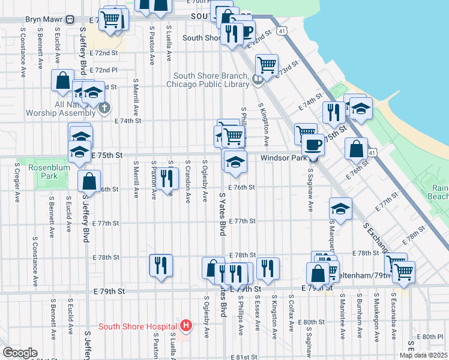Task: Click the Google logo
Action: (20, 353)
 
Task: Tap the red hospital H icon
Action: (186, 326)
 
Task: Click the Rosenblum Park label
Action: (40, 172)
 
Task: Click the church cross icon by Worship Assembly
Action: (104, 108)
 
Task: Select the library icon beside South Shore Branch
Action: (258, 79)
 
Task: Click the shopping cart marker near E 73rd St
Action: (267, 64)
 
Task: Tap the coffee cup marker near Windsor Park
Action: (312, 144)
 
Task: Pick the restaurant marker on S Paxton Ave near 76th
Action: (167, 177)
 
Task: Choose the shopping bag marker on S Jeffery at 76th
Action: (89, 180)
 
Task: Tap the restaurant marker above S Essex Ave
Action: (268, 268)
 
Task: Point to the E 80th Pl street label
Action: (430, 337)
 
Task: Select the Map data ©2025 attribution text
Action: (423, 355)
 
